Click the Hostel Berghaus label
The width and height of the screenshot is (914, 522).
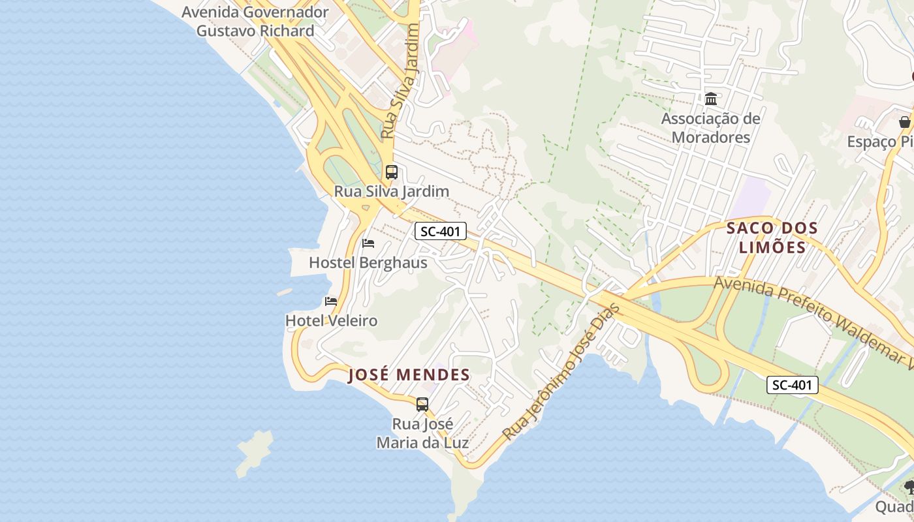368,263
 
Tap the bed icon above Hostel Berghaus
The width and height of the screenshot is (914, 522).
368,243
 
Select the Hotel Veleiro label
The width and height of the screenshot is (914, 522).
332,321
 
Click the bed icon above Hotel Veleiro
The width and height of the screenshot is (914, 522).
331,301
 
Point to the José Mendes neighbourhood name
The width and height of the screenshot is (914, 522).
409,375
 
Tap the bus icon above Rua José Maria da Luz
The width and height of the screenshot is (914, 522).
422,404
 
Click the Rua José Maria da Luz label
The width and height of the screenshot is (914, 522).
422,433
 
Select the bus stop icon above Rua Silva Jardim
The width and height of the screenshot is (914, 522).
391,172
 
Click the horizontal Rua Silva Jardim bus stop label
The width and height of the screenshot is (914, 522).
392,191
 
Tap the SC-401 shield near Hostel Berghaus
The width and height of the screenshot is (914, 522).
441,231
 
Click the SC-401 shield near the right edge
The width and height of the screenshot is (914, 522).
792,385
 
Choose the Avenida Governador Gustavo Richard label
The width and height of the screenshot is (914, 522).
255,22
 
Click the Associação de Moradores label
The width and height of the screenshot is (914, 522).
711,128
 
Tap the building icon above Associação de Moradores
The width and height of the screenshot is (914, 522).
711,99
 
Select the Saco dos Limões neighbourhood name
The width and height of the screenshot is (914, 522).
772,238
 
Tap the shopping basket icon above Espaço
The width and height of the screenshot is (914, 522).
904,122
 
